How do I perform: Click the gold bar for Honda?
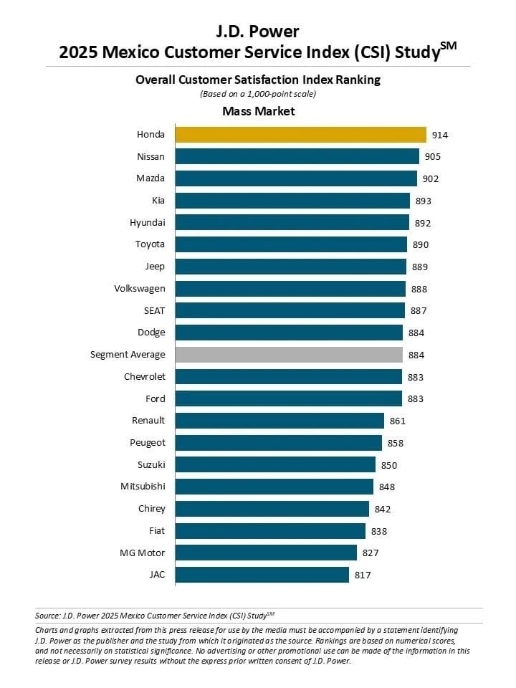pyautogui.click(x=301, y=134)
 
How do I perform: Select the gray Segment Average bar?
pyautogui.click(x=289, y=355)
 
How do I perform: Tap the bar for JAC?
pyautogui.click(x=262, y=575)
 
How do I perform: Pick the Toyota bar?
pyautogui.click(x=291, y=244)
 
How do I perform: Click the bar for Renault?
pyautogui.click(x=280, y=421)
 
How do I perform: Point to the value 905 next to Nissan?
pyautogui.click(x=432, y=157)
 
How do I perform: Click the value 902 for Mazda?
pyautogui.click(x=430, y=178)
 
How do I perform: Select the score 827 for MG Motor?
pyautogui.click(x=370, y=553)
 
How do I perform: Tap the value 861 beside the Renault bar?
pyautogui.click(x=397, y=421)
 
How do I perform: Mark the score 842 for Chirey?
pyautogui.click(x=382, y=509)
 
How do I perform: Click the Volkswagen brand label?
pyautogui.click(x=139, y=289)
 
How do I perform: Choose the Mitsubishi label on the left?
pyautogui.click(x=143, y=487)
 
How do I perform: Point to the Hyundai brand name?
pyautogui.click(x=147, y=223)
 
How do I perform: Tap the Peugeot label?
pyautogui.click(x=147, y=443)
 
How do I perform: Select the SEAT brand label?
pyautogui.click(x=153, y=310)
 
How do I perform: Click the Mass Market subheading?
pyautogui.click(x=258, y=111)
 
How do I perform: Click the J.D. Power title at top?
pyautogui.click(x=258, y=32)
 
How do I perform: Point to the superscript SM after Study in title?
pyautogui.click(x=448, y=46)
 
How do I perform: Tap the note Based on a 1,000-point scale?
pyautogui.click(x=258, y=94)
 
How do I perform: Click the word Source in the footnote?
pyautogui.click(x=47, y=615)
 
